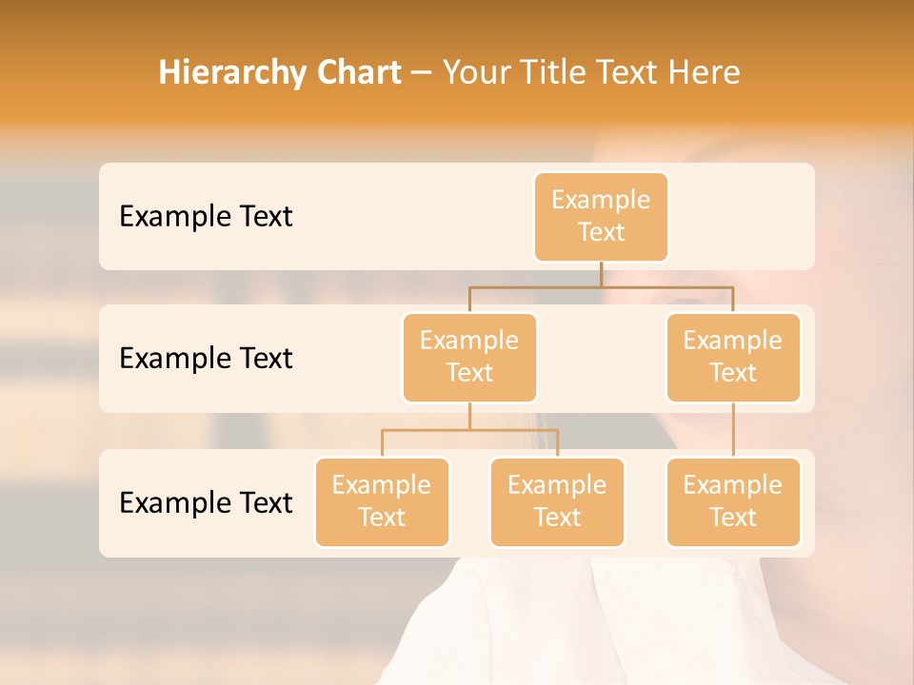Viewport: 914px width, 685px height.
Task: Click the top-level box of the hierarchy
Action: point(601,216)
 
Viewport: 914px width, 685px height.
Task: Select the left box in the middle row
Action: point(469,357)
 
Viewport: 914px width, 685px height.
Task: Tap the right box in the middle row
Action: point(733,357)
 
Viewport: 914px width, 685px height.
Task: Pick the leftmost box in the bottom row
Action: point(382,501)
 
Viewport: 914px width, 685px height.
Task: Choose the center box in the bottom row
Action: point(557,501)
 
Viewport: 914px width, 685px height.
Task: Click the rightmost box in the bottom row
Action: point(733,501)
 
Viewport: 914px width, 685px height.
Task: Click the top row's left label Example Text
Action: point(206,216)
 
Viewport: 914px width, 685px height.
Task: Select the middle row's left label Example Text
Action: point(206,358)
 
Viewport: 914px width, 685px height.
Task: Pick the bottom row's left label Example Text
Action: point(206,501)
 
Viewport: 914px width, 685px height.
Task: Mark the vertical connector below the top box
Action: point(601,274)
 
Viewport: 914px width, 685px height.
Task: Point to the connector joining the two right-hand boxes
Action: point(733,430)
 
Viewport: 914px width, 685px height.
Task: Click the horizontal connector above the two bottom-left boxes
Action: point(469,430)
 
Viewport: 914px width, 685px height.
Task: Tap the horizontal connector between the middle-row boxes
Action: point(601,286)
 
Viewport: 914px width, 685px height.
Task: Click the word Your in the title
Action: point(475,72)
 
